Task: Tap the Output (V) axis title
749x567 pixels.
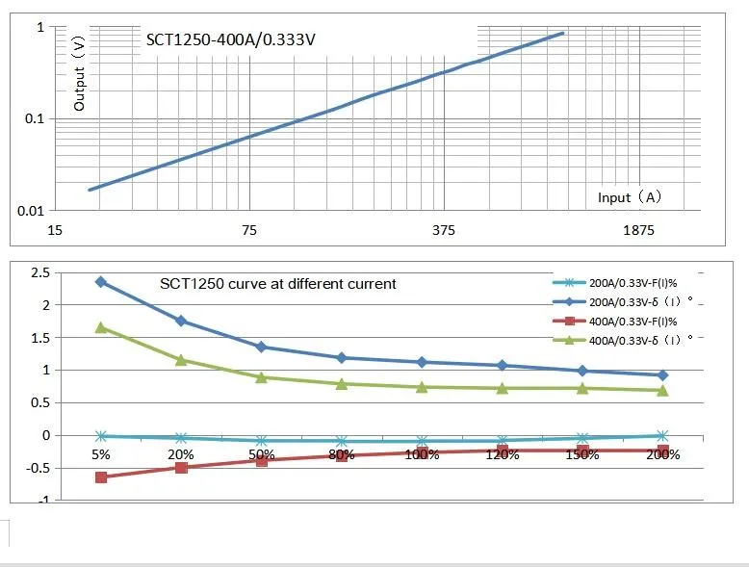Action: [80, 74]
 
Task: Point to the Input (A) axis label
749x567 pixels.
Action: [630, 197]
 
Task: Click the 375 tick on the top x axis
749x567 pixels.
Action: [443, 230]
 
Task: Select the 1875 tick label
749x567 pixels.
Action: [637, 230]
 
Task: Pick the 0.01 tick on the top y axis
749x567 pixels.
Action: [33, 210]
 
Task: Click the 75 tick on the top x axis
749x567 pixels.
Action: [249, 230]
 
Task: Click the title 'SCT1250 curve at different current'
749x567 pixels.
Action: [277, 284]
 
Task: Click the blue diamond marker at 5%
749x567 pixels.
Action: [101, 282]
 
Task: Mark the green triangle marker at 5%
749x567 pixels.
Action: [101, 327]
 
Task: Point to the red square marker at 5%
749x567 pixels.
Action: [101, 477]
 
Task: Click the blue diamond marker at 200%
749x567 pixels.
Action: [662, 375]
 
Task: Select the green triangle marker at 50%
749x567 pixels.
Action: [261, 377]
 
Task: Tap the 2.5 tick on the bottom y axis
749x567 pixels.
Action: [40, 273]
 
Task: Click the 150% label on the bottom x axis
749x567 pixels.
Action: [581, 454]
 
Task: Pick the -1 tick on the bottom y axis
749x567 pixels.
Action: [42, 501]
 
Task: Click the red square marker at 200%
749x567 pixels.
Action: [662, 450]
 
